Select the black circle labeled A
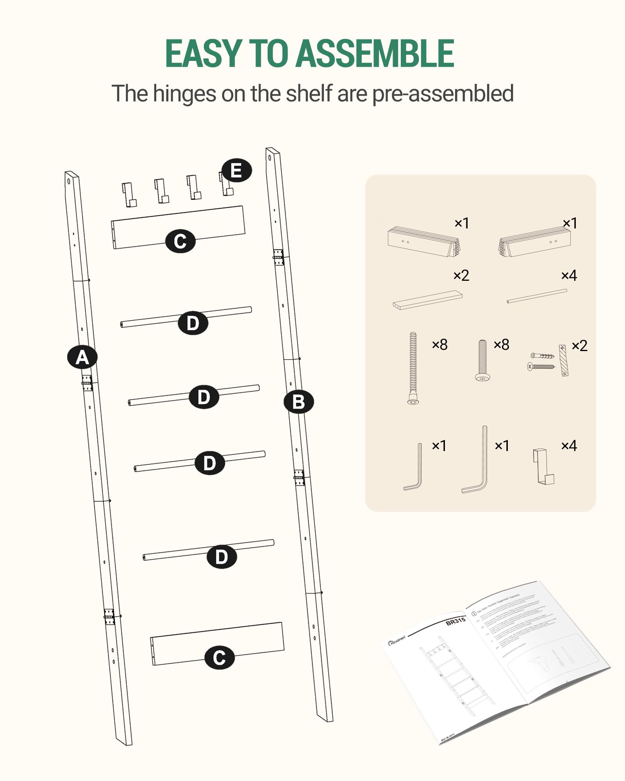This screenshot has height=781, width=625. coord(82,357)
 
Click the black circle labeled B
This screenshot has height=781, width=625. coord(298,401)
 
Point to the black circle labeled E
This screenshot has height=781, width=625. coord(236,171)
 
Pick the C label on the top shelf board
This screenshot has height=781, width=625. coord(180,241)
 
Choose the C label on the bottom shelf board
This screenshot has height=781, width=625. coord(220,658)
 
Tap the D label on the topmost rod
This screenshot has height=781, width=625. coord(193,323)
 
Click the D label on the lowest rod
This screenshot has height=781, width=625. coord(221,556)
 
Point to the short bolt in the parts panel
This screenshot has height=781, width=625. coord(483,360)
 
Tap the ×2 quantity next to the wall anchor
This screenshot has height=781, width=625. coord(579,346)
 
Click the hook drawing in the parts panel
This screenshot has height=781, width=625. coord(543,467)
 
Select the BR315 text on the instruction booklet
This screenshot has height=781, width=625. coord(455,621)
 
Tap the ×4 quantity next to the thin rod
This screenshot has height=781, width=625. coord(569,276)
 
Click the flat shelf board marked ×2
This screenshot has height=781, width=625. coord(428,300)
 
